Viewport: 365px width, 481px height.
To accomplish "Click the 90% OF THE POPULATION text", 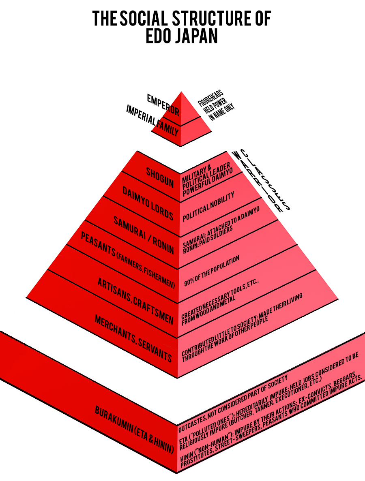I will coord(211,271).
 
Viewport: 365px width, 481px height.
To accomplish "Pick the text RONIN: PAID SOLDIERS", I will coord(208,239).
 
